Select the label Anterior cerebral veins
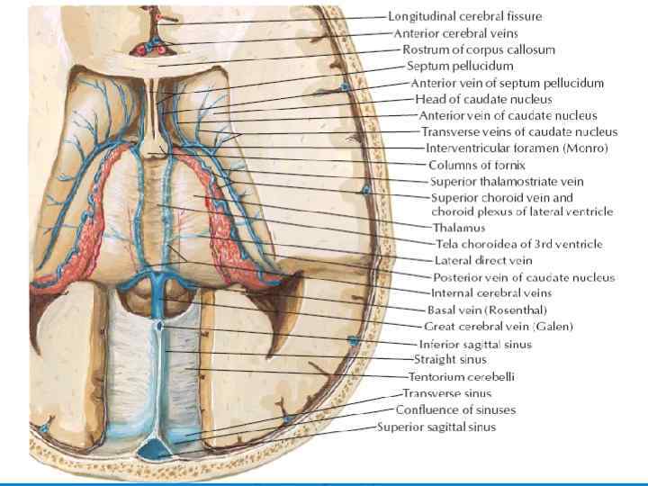click(x=455, y=32)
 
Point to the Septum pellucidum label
click(x=460, y=66)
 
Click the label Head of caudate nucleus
click(x=483, y=99)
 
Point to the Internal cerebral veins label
click(x=491, y=292)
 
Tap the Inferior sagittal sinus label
click(x=475, y=344)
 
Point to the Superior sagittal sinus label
click(x=436, y=427)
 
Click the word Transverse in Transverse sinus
click(x=428, y=393)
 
